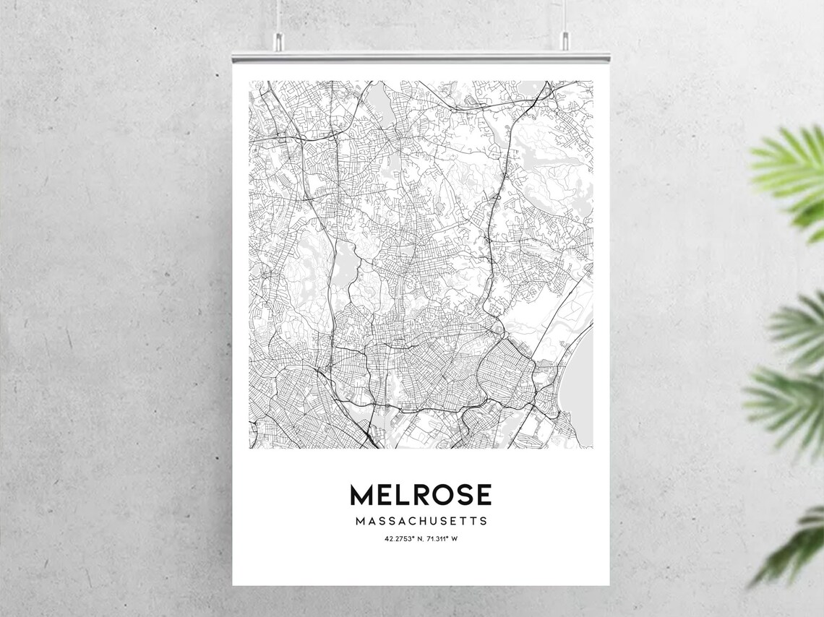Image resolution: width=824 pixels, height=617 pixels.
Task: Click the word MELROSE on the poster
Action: click(421, 495)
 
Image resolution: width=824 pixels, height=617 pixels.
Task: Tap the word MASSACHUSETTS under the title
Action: click(421, 521)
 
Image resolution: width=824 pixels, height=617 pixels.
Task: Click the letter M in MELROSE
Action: click(361, 495)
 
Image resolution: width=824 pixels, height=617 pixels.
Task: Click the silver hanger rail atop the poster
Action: click(421, 56)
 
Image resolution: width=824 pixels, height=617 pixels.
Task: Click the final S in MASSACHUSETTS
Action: click(484, 521)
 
